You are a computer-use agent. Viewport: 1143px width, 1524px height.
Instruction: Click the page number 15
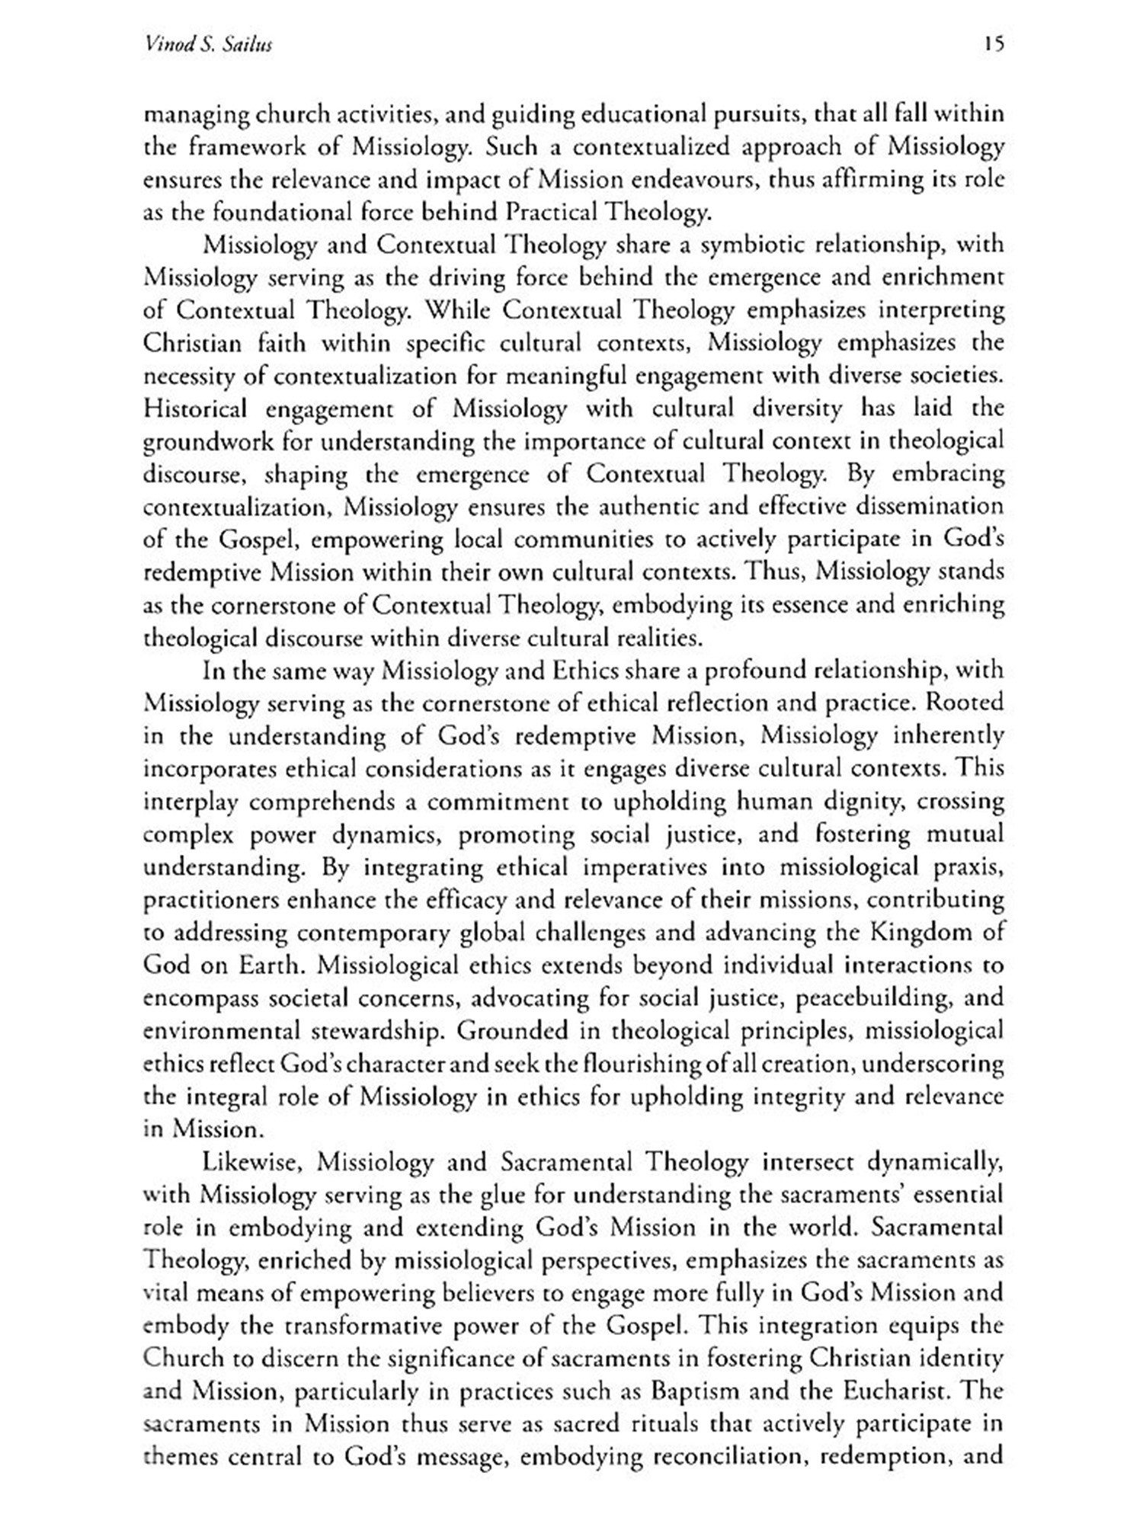click(x=994, y=45)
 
